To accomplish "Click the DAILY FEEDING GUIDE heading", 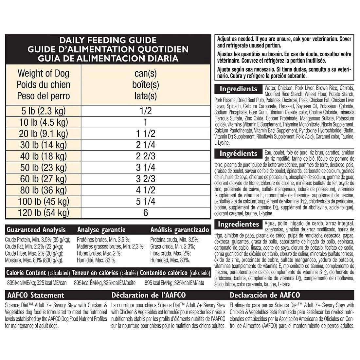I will coord(108,40).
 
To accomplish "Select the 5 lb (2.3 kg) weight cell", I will coord(43,111).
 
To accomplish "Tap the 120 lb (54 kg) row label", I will coord(43,213).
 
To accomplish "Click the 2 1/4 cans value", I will coord(146,145).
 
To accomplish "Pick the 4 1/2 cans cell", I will coord(146,190).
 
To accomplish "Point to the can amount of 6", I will coord(146,213).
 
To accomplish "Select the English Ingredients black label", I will coord(238,89).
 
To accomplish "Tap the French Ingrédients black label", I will coord(238,153).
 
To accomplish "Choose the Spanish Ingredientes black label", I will coord(239,224).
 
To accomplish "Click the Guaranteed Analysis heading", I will coord(36,230).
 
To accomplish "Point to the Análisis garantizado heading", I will coord(180,230).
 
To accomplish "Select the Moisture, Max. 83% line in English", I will coord(34,260).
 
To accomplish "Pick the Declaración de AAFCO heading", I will coord(265,295).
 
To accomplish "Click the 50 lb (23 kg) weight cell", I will coord(43,167).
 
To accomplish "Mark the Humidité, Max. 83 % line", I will coord(97,260).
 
